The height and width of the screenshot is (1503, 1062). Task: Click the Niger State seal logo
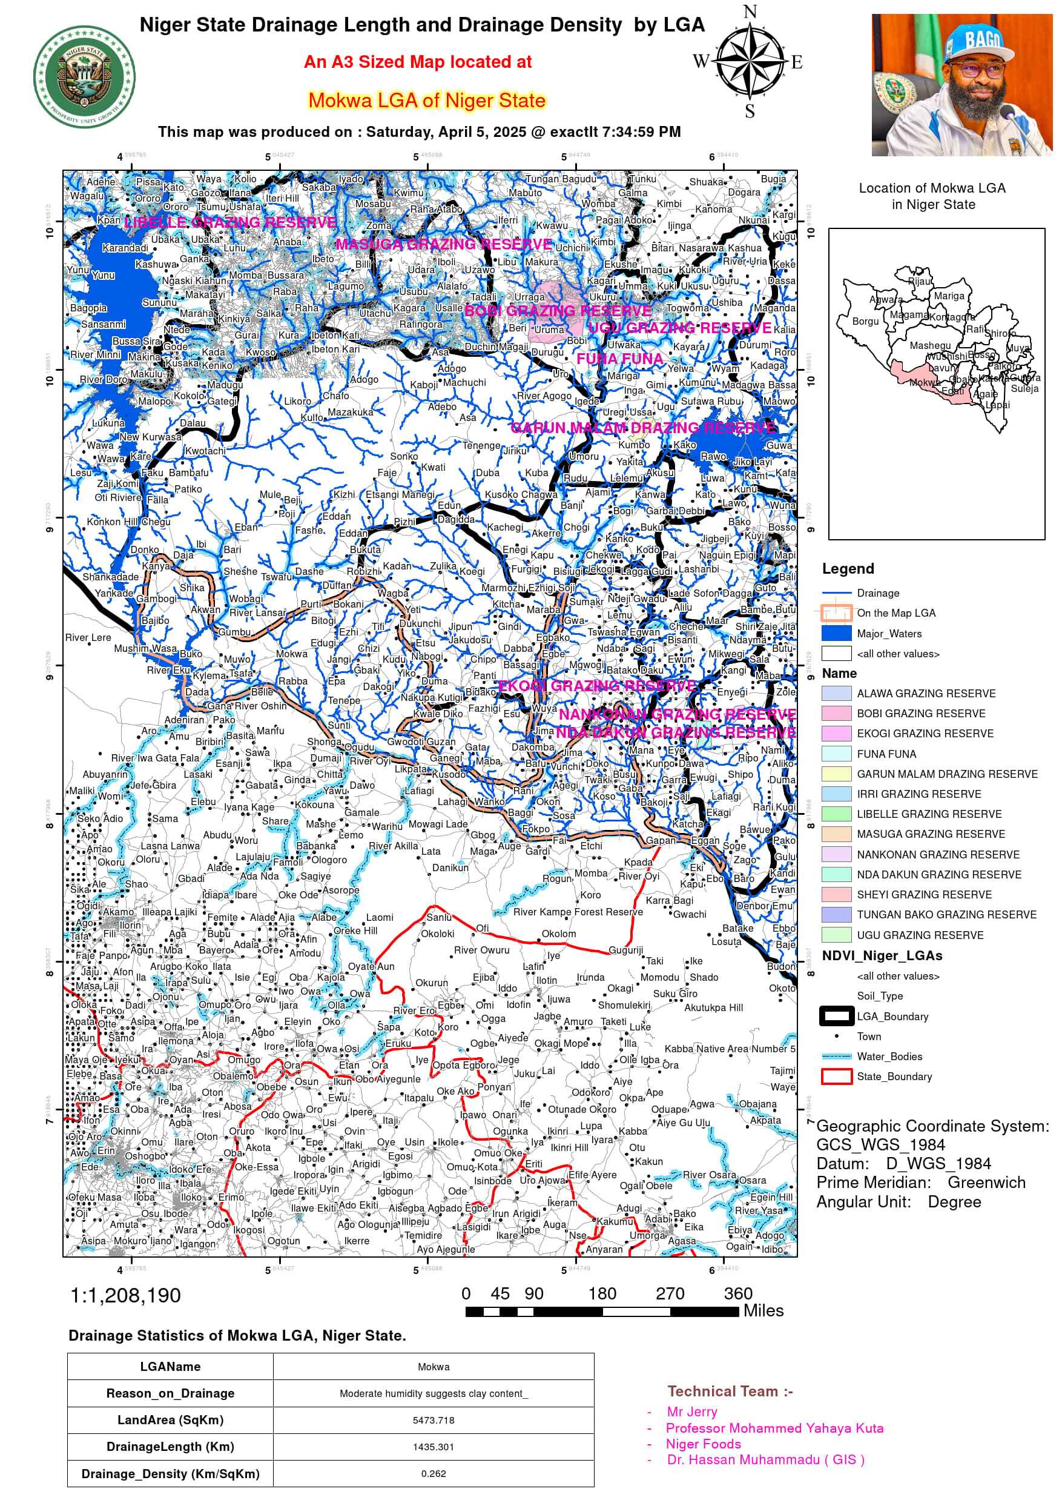84,76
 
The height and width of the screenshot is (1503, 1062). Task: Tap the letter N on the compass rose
750,12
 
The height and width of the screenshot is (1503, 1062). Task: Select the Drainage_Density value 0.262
433,1473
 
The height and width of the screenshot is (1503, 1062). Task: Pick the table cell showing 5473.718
433,1420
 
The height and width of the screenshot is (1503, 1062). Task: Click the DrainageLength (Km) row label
170,1447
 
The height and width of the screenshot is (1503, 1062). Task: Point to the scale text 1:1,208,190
125,1295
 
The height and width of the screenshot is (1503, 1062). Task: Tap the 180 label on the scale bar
602,1293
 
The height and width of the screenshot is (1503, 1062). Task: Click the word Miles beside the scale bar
763,1310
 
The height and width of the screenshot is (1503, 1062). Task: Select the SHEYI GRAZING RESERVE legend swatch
836,894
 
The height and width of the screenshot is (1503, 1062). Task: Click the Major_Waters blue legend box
836,633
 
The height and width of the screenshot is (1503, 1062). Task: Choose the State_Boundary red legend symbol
836,1076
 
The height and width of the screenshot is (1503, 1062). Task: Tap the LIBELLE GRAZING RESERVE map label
230,222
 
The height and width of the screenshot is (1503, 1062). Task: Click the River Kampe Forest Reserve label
578,912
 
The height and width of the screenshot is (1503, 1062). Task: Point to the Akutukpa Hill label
713,1007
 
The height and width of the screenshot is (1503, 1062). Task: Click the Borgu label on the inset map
865,322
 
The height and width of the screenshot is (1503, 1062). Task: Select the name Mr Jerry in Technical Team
691,1412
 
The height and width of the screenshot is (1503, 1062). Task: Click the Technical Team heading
730,1392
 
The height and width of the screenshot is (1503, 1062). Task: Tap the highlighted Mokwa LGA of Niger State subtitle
427,100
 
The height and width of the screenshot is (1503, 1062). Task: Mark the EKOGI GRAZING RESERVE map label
596,685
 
